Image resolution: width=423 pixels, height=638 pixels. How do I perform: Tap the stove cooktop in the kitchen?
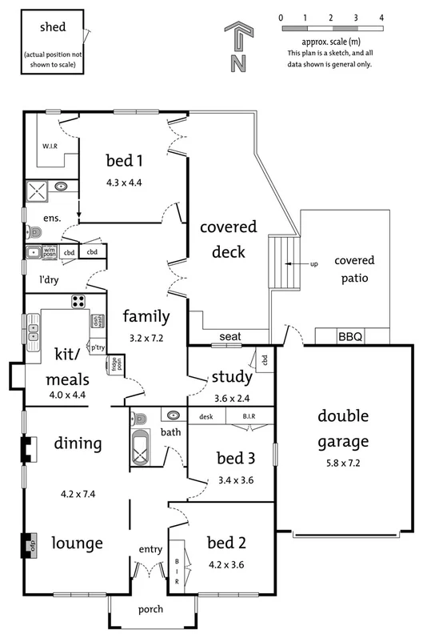(79, 302)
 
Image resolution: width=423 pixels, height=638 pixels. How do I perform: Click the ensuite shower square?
(38, 191)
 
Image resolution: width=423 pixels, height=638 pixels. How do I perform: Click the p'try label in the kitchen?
(98, 347)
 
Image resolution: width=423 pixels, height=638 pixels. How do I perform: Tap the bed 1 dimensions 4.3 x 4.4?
(123, 182)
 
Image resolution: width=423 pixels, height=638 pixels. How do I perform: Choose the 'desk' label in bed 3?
(206, 416)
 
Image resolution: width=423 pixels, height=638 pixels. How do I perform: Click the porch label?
(150, 609)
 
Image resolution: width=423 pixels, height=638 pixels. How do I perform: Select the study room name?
(232, 376)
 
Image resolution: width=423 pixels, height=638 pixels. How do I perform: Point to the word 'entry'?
(150, 549)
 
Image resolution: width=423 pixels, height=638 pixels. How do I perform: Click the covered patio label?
(354, 269)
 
